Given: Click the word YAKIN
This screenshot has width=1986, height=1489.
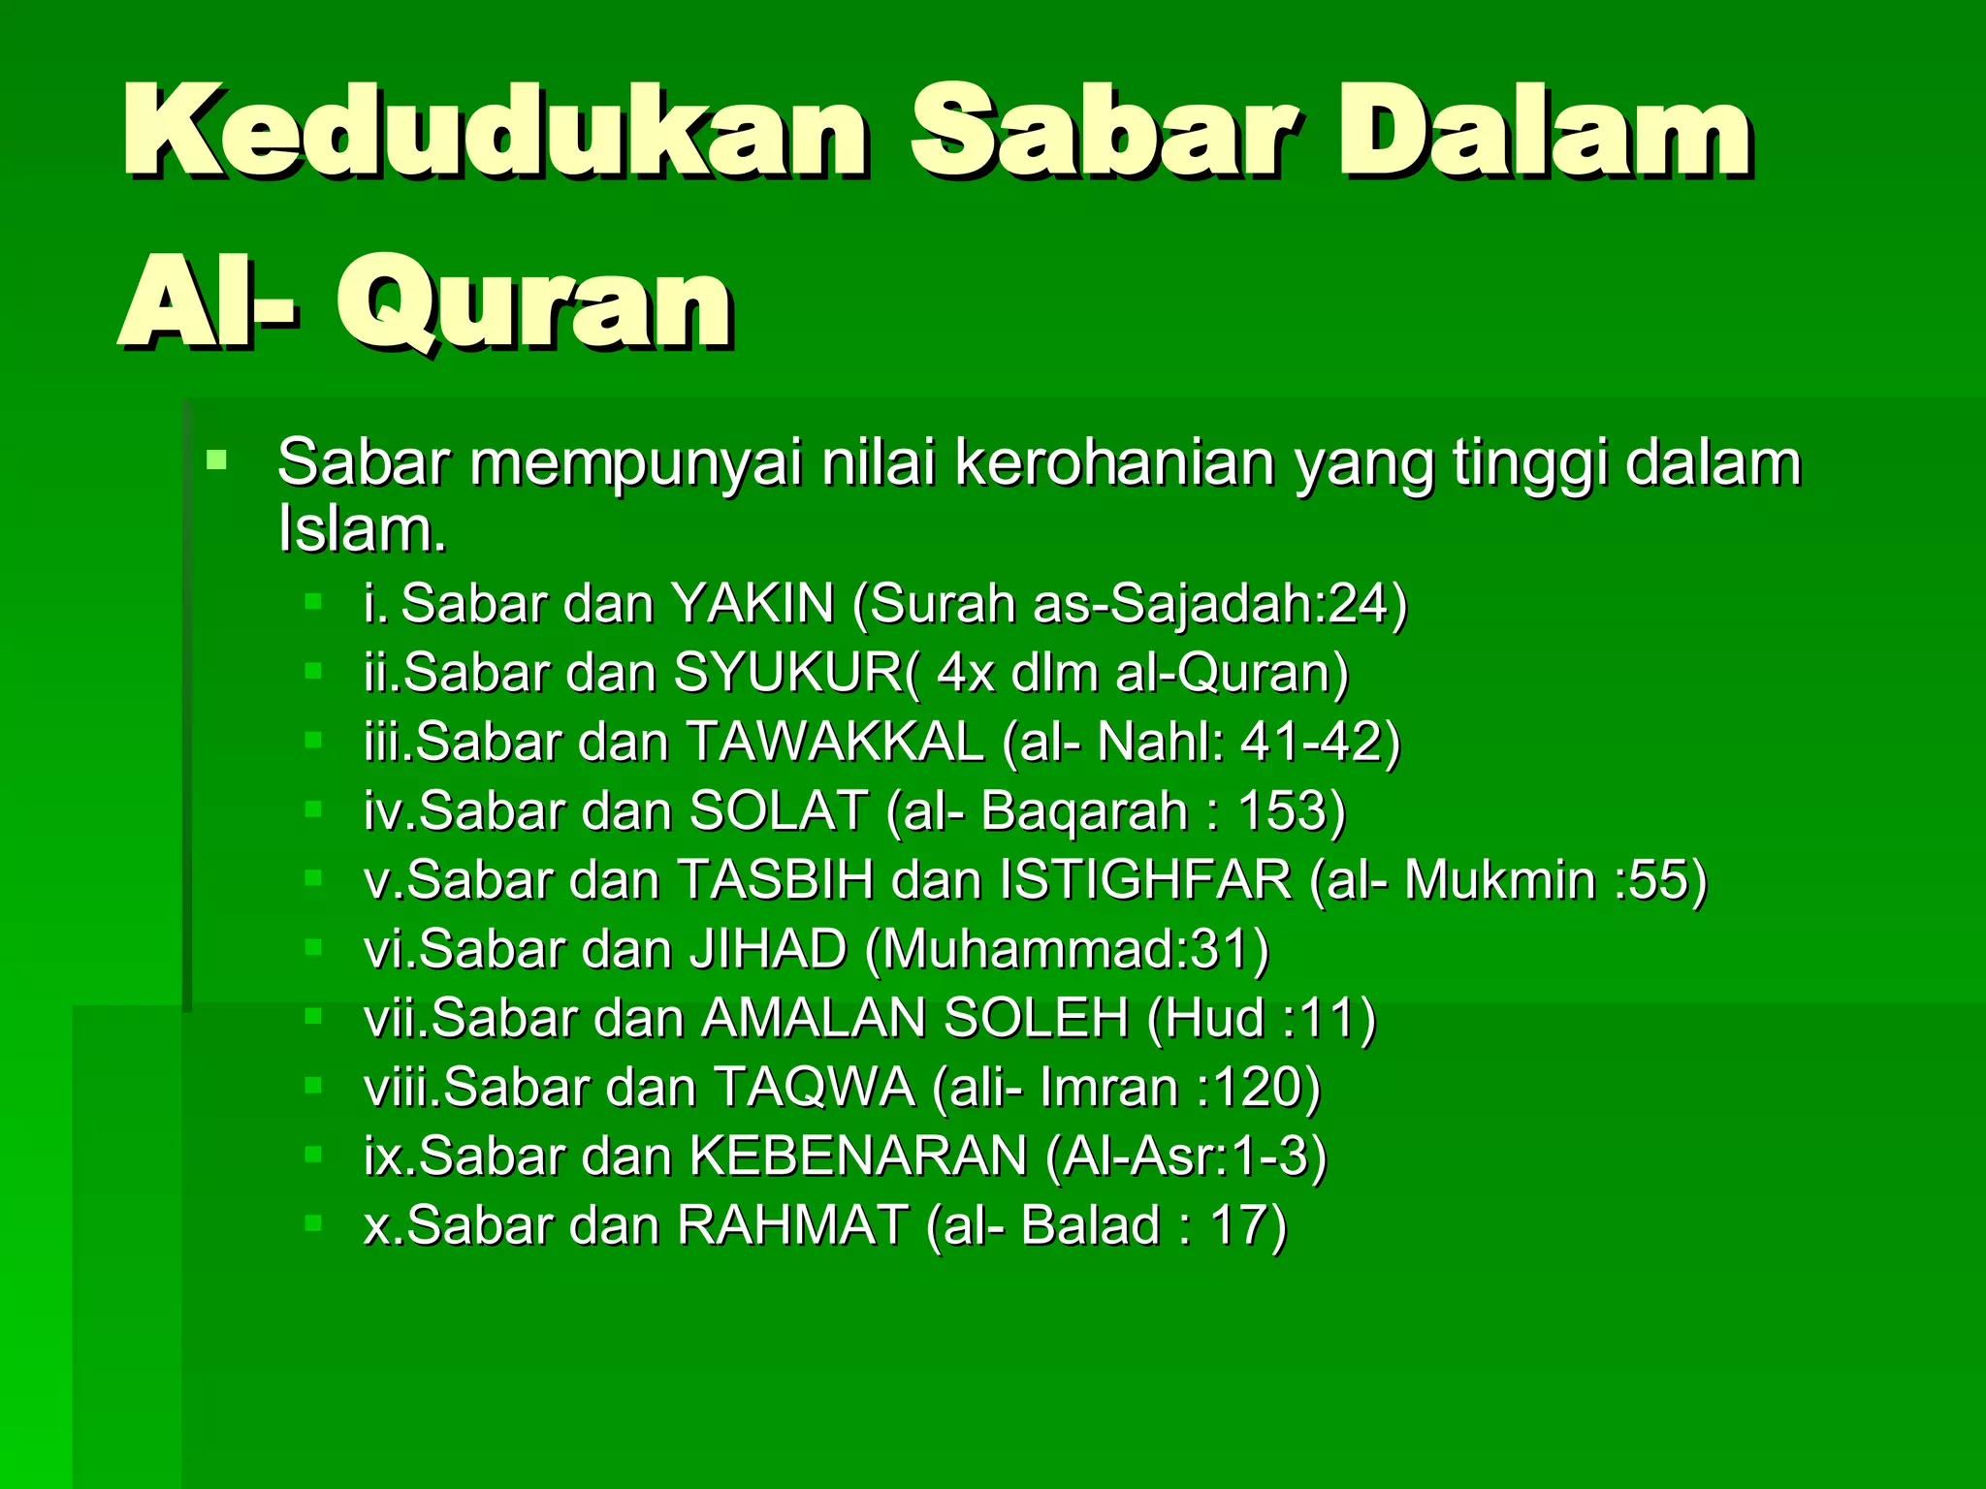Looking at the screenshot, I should pyautogui.click(x=753, y=604).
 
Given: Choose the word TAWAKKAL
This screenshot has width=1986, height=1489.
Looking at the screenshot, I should pyautogui.click(x=835, y=743).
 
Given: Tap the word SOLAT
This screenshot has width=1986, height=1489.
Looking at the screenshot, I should pyautogui.click(x=779, y=811).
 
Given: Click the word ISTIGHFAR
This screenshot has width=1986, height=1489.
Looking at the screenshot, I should pyautogui.click(x=1146, y=880).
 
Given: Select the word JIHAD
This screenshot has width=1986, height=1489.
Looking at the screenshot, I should pyautogui.click(x=768, y=949).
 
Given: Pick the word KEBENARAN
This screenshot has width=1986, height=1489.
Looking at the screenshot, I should pyautogui.click(x=858, y=1156).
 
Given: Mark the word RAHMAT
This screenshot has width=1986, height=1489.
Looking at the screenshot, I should pyautogui.click(x=793, y=1225).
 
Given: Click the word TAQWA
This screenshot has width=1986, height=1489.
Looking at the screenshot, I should pyautogui.click(x=815, y=1088).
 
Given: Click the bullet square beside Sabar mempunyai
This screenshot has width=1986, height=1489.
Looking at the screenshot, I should pyautogui.click(x=216, y=459).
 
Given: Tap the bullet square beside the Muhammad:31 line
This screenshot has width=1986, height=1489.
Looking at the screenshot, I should pyautogui.click(x=312, y=947).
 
